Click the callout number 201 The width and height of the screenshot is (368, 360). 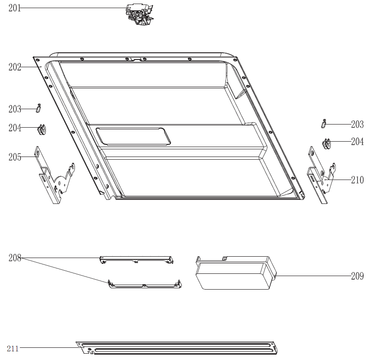tap(14, 8)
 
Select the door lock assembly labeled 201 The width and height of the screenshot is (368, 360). tap(140, 14)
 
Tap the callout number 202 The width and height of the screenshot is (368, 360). tap(15, 67)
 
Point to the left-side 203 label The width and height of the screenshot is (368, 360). tap(15, 109)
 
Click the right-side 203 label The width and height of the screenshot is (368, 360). tap(357, 124)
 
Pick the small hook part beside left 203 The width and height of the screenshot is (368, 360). tap(38, 108)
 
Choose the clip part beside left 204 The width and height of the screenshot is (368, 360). tap(42, 129)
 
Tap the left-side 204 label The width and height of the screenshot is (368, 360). tap(15, 128)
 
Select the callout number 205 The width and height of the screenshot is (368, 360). tap(15, 157)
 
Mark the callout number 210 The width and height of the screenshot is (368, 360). tap(357, 180)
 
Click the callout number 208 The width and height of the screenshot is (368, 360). tap(15, 258)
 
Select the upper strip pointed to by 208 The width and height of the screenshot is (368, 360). tap(137, 260)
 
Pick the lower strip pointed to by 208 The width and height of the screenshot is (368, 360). tap(145, 284)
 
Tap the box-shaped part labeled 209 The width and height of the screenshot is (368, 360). tap(236, 273)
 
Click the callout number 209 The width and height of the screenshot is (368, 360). tap(357, 276)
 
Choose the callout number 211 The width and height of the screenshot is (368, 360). tap(13, 349)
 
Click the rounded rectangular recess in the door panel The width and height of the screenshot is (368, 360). tap(133, 136)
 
